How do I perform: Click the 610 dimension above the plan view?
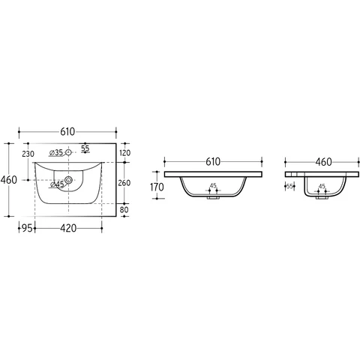coord(67,131)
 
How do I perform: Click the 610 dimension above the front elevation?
coord(213,162)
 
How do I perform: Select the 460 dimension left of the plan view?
coord(9,180)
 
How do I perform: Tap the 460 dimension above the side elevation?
coord(323,162)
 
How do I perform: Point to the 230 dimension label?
coord(28,154)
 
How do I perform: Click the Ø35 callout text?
coord(56,152)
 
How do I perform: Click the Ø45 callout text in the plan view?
coord(57,184)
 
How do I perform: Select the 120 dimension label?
coord(124,153)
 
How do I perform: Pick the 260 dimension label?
coord(124,183)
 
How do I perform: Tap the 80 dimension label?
coord(124,209)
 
